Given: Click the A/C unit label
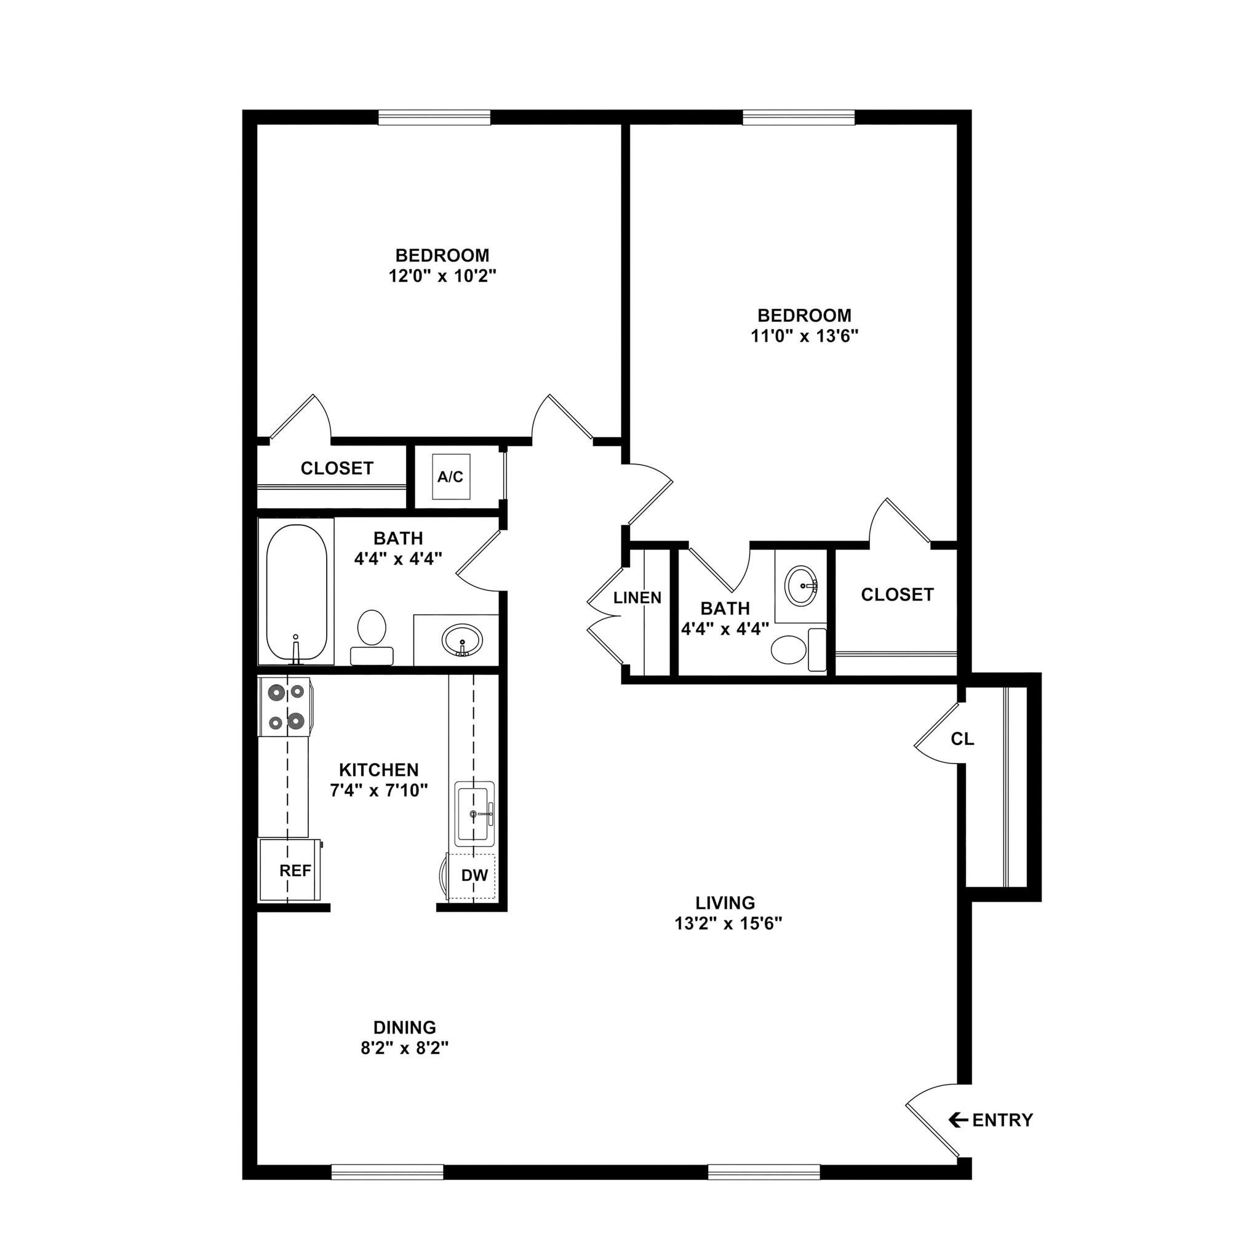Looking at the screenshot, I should click(x=450, y=477).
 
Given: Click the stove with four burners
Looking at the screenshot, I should click(x=285, y=707).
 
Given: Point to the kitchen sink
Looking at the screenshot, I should click(x=474, y=813).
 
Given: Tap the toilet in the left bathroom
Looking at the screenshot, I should click(x=372, y=636).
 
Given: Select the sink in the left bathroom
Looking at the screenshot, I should click(x=463, y=640).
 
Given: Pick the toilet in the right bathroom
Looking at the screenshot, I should click(x=797, y=650).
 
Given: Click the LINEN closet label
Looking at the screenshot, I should click(x=637, y=598).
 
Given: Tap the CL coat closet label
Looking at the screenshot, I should click(x=963, y=739).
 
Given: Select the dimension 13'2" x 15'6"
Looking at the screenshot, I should click(x=728, y=923).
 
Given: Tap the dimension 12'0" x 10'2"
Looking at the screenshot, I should click(x=442, y=276).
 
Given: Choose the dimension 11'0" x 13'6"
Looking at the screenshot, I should click(x=804, y=336).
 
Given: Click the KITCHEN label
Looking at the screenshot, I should click(x=379, y=770).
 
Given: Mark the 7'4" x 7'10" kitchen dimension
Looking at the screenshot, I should click(x=379, y=791).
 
